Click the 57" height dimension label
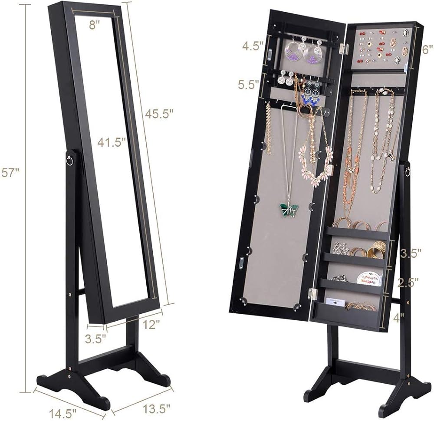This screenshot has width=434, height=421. [x=10, y=173]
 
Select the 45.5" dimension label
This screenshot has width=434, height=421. [x=159, y=113]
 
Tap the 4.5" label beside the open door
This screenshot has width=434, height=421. [x=253, y=46]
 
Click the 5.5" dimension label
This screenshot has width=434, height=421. [x=249, y=85]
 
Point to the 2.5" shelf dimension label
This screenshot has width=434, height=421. [x=408, y=283]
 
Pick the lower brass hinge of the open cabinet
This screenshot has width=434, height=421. [x=312, y=293]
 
